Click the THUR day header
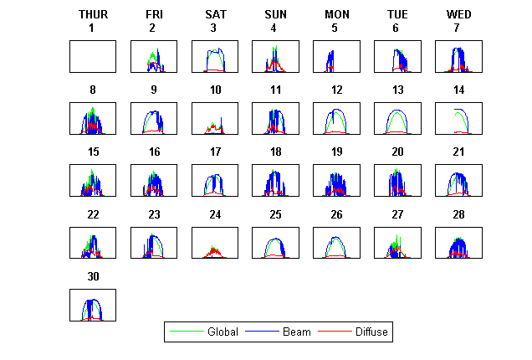[x=93, y=14]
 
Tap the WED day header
[x=458, y=14]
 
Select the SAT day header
[x=214, y=14]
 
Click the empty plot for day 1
[x=93, y=56]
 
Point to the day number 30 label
[x=93, y=275]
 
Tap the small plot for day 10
[x=215, y=118]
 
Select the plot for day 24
[x=215, y=243]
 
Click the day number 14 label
[x=458, y=90]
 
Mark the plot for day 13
[x=397, y=118]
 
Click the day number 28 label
[x=458, y=214]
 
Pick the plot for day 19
[x=336, y=180]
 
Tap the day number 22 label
[x=93, y=214]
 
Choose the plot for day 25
[x=275, y=243]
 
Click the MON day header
[x=337, y=14]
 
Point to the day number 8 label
[x=93, y=90]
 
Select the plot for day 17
[x=215, y=180]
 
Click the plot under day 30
[x=93, y=305]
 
